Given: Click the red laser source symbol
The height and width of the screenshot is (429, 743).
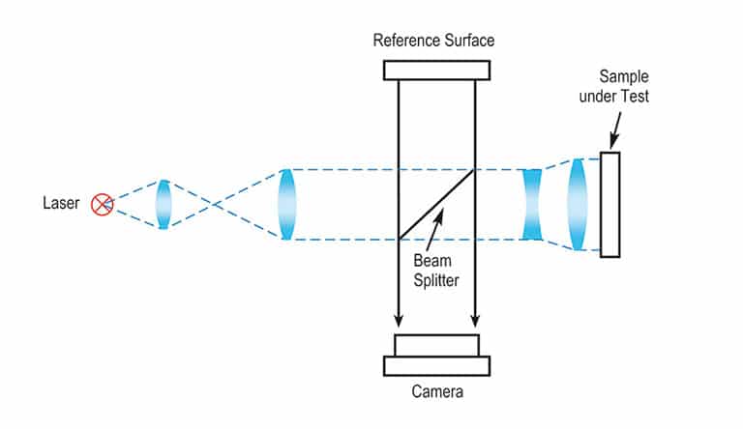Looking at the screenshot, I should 102,204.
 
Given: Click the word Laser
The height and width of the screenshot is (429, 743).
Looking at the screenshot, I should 60,204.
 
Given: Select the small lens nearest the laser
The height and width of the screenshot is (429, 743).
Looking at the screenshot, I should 163,204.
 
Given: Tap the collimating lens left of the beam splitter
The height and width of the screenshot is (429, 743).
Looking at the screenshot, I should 285,204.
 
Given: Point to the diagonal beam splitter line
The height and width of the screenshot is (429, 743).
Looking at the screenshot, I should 435,204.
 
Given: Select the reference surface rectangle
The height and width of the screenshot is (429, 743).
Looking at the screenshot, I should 436,71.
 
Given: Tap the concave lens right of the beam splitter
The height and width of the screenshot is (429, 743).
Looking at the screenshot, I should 532,204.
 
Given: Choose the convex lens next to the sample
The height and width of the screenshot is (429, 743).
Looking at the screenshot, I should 578,204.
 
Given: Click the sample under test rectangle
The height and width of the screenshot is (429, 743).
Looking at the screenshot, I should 609,204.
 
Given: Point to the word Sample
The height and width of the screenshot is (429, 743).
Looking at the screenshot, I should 622,75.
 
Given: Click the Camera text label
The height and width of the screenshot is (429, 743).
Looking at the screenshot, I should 436,392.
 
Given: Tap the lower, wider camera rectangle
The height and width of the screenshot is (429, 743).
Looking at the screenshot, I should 436,365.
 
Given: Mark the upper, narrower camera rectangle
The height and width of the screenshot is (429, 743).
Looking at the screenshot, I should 436,345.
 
